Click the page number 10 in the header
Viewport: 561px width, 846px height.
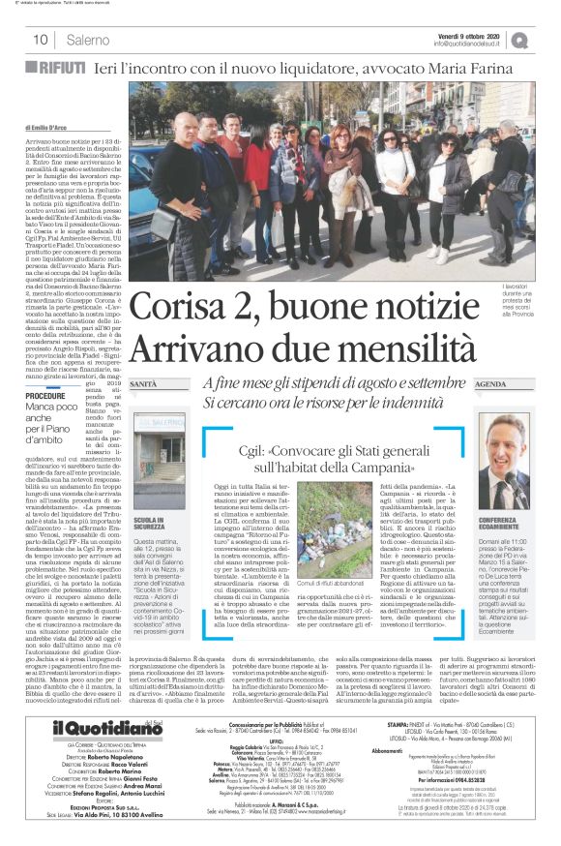41,40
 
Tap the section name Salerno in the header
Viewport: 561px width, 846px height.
88,40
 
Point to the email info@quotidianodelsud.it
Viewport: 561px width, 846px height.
470,44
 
